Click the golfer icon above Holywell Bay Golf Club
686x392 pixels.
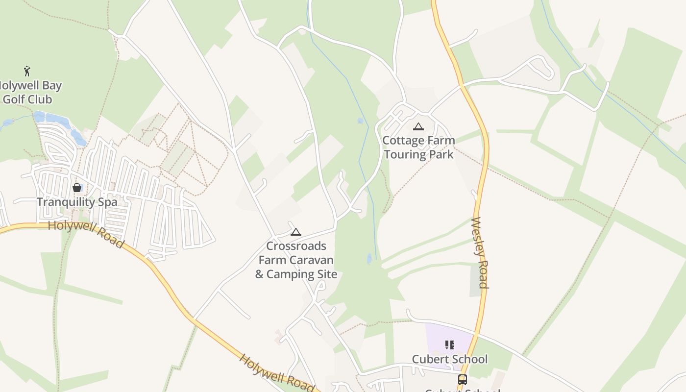tap(27, 71)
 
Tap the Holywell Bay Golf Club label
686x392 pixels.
tap(29, 92)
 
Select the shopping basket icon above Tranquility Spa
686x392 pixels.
tap(77, 187)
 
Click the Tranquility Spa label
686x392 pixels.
tap(77, 202)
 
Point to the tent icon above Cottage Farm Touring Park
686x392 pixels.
tap(418, 127)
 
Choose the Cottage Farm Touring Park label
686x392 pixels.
tap(418, 147)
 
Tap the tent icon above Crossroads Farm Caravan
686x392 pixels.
tap(295, 232)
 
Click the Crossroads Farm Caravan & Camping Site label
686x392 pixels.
tap(296, 260)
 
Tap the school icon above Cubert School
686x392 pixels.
tap(450, 345)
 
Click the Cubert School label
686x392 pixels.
tap(450, 359)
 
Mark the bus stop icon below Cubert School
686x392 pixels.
tap(462, 379)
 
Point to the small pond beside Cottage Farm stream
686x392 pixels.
tap(361, 121)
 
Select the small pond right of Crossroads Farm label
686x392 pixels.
tap(369, 258)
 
